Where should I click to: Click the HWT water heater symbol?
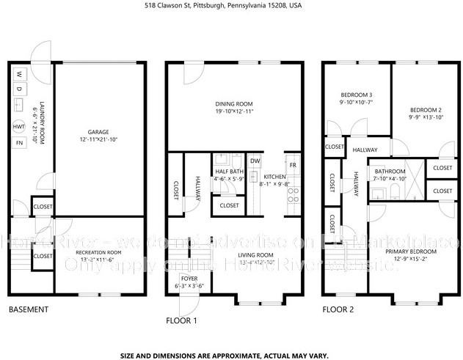(x=19, y=127)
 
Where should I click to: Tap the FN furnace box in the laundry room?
(x=19, y=142)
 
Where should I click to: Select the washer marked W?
(x=19, y=73)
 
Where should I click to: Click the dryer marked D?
(x=19, y=88)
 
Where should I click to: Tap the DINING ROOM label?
(x=234, y=104)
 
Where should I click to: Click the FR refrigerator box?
(x=292, y=164)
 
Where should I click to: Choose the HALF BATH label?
(x=227, y=172)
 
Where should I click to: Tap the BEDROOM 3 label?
(x=357, y=95)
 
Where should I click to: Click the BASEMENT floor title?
(x=29, y=309)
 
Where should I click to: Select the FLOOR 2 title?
(x=338, y=309)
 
